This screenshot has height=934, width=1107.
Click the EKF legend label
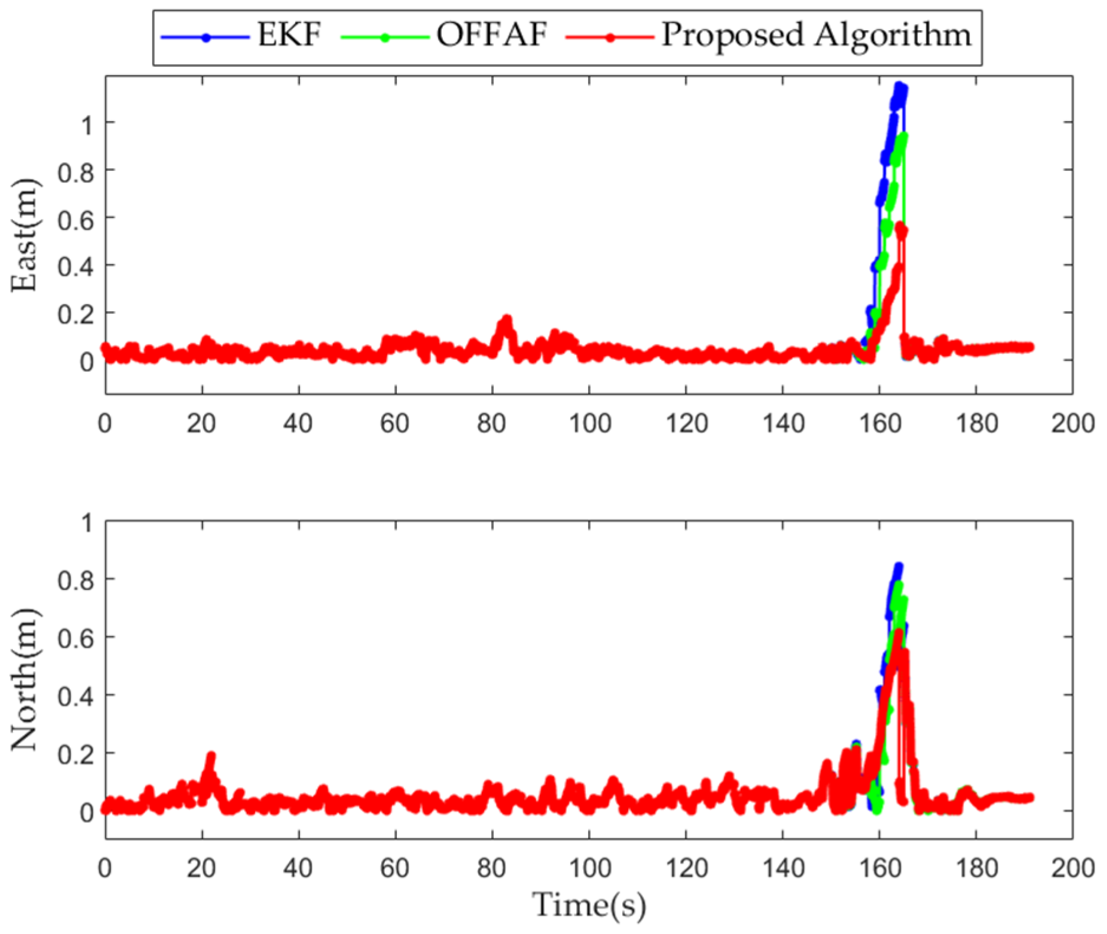(x=289, y=35)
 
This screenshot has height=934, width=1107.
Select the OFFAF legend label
(x=492, y=35)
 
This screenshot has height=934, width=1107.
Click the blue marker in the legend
(x=206, y=37)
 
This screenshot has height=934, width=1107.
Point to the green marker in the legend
(x=385, y=37)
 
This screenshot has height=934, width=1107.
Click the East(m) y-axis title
(x=24, y=235)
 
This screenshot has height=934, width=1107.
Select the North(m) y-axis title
(x=24, y=679)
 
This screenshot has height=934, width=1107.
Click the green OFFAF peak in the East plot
(x=903, y=138)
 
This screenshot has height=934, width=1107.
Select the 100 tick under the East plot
(x=589, y=424)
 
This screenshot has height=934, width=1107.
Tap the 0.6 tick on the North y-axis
(x=76, y=638)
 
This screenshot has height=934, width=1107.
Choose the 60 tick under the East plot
(x=395, y=424)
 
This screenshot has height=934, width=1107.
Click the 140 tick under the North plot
(x=783, y=868)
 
